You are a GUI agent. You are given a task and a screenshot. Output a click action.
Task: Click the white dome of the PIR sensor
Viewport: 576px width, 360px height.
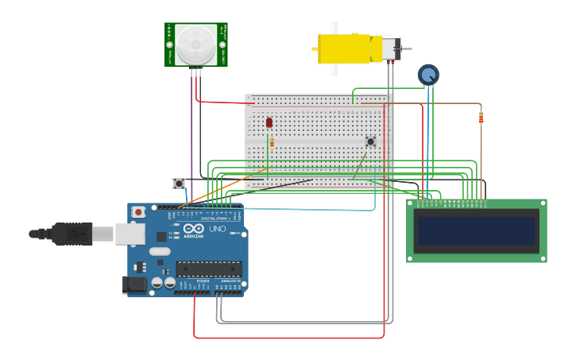point(195,44)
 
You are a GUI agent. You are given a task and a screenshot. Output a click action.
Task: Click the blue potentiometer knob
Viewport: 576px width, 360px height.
point(428,75)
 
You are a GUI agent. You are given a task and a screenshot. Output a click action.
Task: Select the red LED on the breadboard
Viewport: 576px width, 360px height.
point(269,122)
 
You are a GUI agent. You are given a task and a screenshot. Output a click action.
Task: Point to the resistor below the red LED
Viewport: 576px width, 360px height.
point(272,143)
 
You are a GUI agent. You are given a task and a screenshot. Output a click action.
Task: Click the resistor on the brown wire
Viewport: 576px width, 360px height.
point(481,118)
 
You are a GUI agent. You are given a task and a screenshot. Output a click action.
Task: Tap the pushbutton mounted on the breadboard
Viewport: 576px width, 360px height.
point(370,141)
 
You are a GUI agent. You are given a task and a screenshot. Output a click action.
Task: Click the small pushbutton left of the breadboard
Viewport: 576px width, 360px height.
point(179,184)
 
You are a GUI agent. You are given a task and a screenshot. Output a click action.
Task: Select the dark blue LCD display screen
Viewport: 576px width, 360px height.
point(476,231)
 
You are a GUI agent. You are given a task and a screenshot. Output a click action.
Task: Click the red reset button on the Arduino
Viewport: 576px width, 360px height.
point(139,212)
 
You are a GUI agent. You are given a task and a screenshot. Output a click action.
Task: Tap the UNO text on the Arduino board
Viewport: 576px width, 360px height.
point(217,229)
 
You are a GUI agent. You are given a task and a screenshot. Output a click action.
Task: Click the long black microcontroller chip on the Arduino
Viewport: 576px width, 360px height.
point(208,269)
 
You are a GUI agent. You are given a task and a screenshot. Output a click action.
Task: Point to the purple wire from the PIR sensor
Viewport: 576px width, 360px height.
point(191,127)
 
